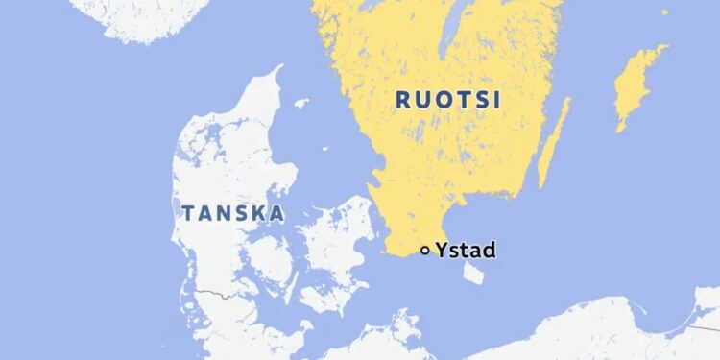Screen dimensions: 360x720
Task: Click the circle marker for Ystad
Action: click(x=425, y=251)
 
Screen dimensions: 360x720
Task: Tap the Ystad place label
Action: click(x=465, y=251)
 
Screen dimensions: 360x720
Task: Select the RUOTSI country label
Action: click(x=439, y=100)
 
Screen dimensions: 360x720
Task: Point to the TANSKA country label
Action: click(x=232, y=213)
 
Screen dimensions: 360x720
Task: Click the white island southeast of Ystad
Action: click(x=473, y=273)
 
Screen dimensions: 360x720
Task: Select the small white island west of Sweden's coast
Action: click(x=301, y=103)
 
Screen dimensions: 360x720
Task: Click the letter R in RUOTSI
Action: click(x=402, y=100)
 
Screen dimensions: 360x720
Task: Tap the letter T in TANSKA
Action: click(x=187, y=213)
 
